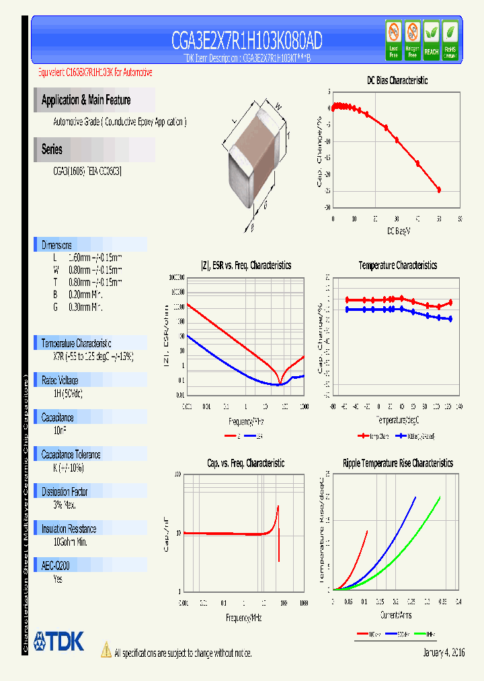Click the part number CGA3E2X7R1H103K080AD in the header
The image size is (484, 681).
pos(246,41)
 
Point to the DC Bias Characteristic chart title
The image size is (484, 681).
pos(397,80)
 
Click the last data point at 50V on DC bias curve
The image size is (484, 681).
pos(439,190)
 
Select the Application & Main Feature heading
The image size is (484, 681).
pos(86,100)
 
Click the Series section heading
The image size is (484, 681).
pos(52,149)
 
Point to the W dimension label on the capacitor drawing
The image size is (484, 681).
pos(278,104)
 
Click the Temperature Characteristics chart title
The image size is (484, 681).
pos(397,266)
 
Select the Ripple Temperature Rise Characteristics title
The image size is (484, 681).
pos(397,463)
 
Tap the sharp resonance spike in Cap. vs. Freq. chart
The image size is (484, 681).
pos(278,532)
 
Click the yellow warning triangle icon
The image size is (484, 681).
pos(106,649)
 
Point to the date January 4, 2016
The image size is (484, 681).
pos(444,653)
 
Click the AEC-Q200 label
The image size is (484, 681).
pos(56,566)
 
